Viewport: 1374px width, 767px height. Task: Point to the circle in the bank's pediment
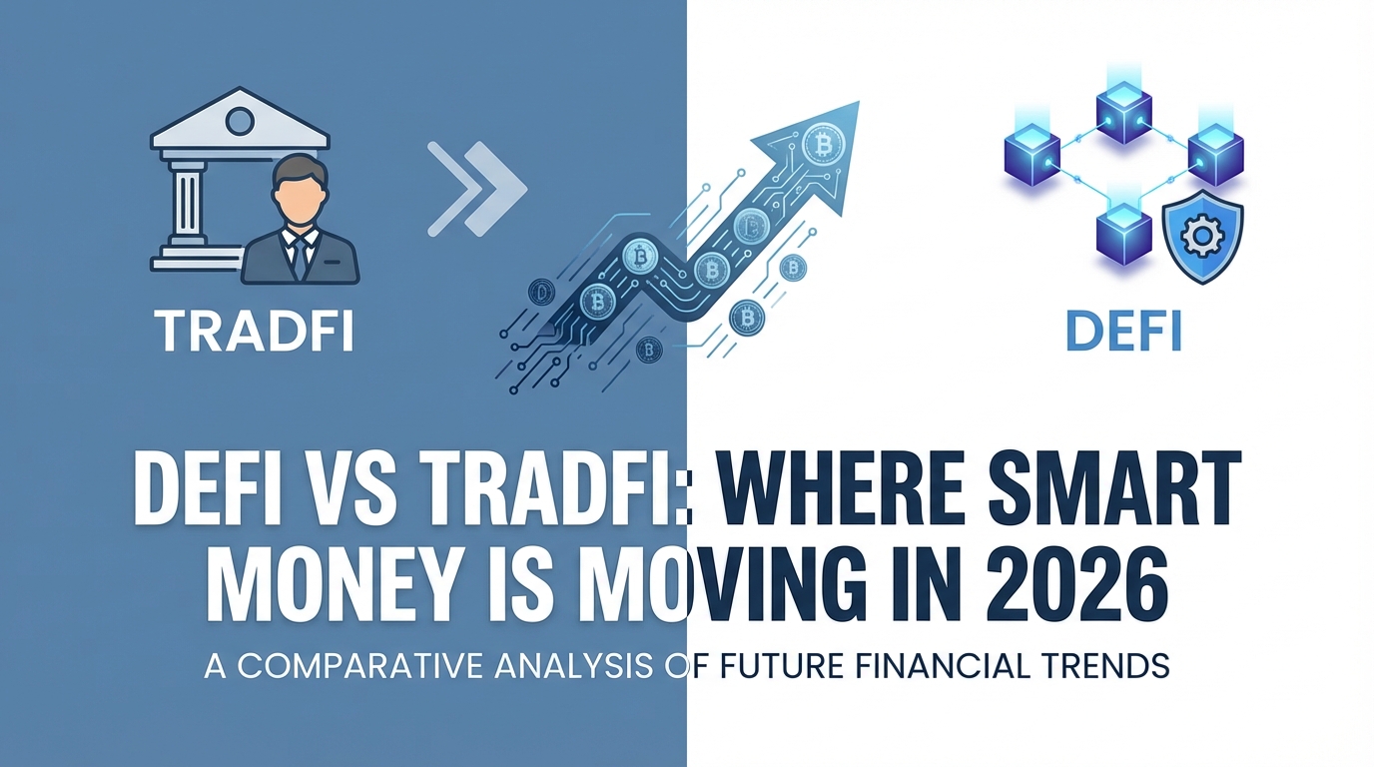click(240, 122)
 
